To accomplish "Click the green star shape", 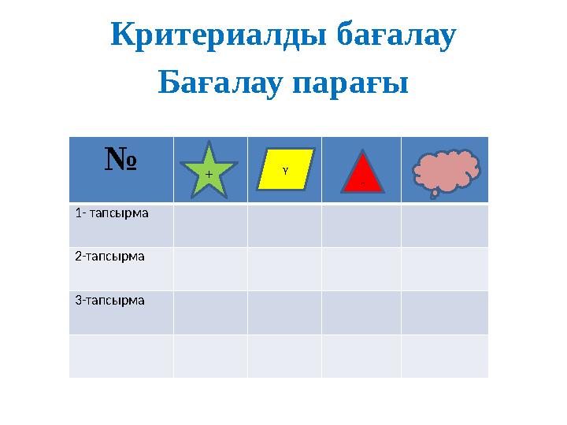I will pyautogui.click(x=209, y=169).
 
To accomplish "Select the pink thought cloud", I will pyautogui.click(x=446, y=171).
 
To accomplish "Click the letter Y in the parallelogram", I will pyautogui.click(x=285, y=169).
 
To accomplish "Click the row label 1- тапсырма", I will pyautogui.click(x=112, y=213).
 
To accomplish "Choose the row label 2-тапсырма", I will pyautogui.click(x=110, y=257).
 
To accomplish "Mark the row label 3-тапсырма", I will pyautogui.click(x=110, y=300).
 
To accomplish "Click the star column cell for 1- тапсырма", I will pyautogui.click(x=210, y=226).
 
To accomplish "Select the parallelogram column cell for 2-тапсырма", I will pyautogui.click(x=284, y=269).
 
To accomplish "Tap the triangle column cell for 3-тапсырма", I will pyautogui.click(x=361, y=312).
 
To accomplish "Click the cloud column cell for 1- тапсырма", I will pyautogui.click(x=444, y=226).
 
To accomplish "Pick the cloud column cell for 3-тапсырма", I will pyautogui.click(x=444, y=312).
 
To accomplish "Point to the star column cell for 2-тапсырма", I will pyautogui.click(x=210, y=269).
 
